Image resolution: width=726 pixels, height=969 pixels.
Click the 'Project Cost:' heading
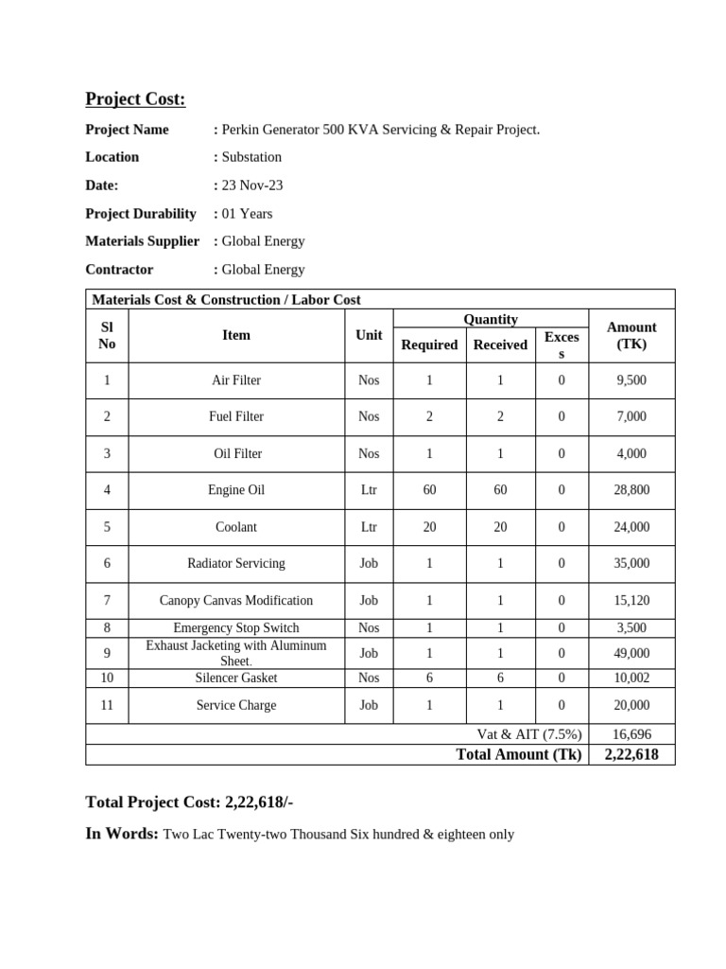click(x=135, y=99)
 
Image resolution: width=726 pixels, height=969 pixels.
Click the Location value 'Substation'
click(x=251, y=157)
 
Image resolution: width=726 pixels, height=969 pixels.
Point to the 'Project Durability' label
click(x=141, y=214)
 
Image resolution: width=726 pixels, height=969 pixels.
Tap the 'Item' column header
click(x=236, y=335)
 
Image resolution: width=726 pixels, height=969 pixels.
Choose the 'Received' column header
click(x=500, y=345)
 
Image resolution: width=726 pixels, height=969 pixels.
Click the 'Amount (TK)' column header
click(x=631, y=336)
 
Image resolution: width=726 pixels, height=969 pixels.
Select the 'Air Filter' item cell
click(x=236, y=380)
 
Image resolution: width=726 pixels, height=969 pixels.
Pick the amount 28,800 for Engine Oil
click(x=631, y=490)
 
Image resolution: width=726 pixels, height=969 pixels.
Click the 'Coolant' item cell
click(x=236, y=527)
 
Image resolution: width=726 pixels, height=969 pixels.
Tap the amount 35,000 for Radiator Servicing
click(x=631, y=563)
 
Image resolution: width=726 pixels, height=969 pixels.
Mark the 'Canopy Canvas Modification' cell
click(x=236, y=601)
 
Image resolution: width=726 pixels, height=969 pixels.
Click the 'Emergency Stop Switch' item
click(x=236, y=628)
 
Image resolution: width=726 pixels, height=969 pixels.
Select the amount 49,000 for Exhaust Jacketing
click(x=631, y=653)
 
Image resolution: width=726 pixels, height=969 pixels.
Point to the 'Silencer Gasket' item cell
click(x=236, y=678)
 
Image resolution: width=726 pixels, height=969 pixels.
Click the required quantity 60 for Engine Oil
click(x=429, y=490)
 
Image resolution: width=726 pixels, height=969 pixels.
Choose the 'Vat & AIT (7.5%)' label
click(x=529, y=734)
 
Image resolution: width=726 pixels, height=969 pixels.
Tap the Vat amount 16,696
click(x=631, y=734)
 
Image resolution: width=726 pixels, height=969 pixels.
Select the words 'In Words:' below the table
click(x=122, y=834)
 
